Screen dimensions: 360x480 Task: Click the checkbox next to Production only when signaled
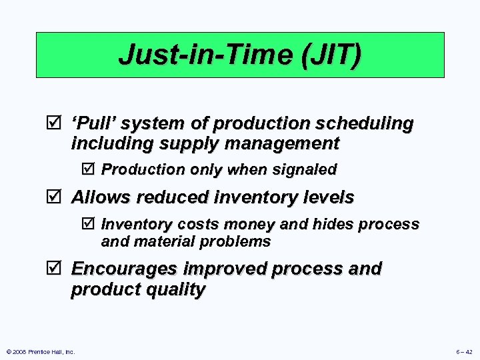[91, 169]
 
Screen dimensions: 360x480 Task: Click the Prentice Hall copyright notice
[40, 351]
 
